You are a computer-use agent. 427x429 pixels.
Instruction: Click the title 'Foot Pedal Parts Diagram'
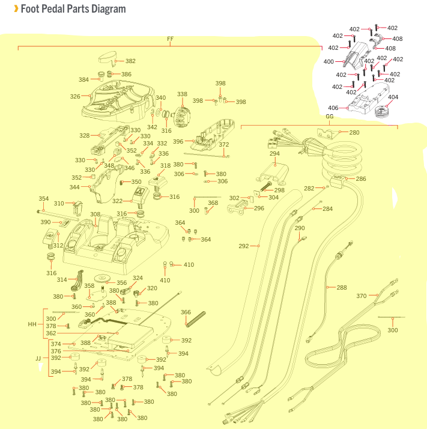(x=73, y=9)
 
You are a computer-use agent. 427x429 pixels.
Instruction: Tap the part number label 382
(x=130, y=61)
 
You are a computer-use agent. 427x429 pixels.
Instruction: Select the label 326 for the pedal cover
(x=75, y=96)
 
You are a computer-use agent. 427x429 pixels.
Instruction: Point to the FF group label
(x=170, y=39)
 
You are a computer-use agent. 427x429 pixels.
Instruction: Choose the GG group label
(x=329, y=117)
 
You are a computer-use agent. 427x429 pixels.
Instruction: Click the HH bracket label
(x=32, y=324)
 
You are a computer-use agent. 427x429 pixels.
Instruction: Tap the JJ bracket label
(x=38, y=358)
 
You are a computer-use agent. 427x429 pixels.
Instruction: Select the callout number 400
(x=329, y=61)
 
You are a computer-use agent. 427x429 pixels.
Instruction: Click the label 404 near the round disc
(x=393, y=97)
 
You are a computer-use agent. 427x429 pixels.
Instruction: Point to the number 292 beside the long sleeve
(x=243, y=246)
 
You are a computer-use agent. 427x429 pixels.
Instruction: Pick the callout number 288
(x=342, y=287)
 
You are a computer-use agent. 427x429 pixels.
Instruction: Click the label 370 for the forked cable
(x=361, y=296)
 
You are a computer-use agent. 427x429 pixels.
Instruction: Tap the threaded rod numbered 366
(x=196, y=319)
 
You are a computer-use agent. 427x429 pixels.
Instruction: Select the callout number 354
(x=43, y=199)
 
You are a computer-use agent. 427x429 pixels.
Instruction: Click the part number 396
(x=178, y=141)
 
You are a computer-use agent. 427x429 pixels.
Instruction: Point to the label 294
(x=274, y=154)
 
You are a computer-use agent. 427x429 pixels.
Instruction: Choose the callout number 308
(x=95, y=214)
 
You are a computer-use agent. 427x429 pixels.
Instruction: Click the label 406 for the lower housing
(x=333, y=108)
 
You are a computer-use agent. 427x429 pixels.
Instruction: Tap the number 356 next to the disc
(x=121, y=282)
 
